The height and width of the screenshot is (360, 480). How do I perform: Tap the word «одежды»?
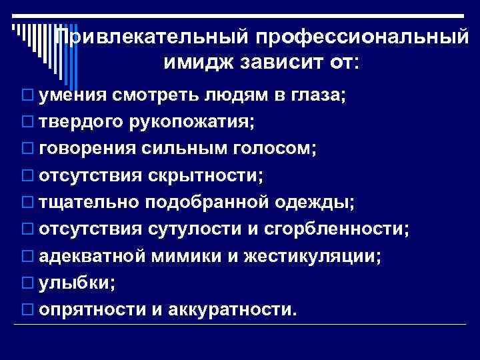312,202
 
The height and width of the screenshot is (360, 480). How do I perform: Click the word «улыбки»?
76,282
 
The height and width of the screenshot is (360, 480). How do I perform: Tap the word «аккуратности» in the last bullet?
229,309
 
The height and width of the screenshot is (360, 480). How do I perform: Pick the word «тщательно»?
84,202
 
